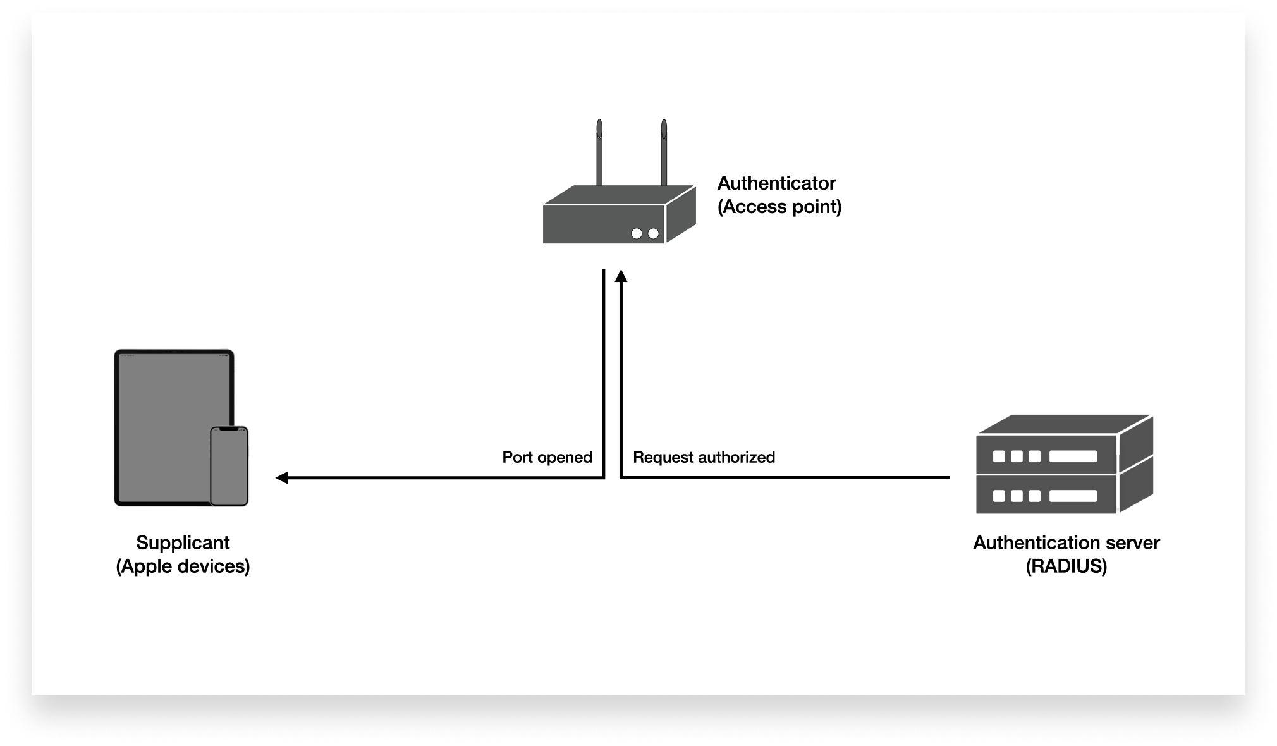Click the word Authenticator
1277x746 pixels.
pyautogui.click(x=776, y=183)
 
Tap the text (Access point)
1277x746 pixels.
pyautogui.click(x=779, y=207)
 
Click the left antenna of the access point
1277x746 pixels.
pyautogui.click(x=599, y=152)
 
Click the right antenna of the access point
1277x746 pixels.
pyautogui.click(x=664, y=152)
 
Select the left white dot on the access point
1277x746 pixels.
pyautogui.click(x=637, y=234)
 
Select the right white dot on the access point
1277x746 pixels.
pyautogui.click(x=654, y=234)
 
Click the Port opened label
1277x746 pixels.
pyautogui.click(x=547, y=457)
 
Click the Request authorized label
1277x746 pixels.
pyautogui.click(x=704, y=457)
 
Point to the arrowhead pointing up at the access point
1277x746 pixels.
pyautogui.click(x=621, y=276)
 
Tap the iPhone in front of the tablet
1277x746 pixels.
pyautogui.click(x=229, y=468)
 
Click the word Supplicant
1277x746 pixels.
pyautogui.click(x=183, y=542)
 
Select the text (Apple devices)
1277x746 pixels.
pyautogui.click(x=183, y=566)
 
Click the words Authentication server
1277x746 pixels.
pyautogui.click(x=1066, y=542)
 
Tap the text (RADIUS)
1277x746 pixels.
pyautogui.click(x=1066, y=566)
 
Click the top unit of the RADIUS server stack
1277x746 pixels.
pyautogui.click(x=1047, y=455)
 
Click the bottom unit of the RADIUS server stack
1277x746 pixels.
pyautogui.click(x=1047, y=496)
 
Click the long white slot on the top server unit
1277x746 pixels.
pyautogui.click(x=1073, y=456)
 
